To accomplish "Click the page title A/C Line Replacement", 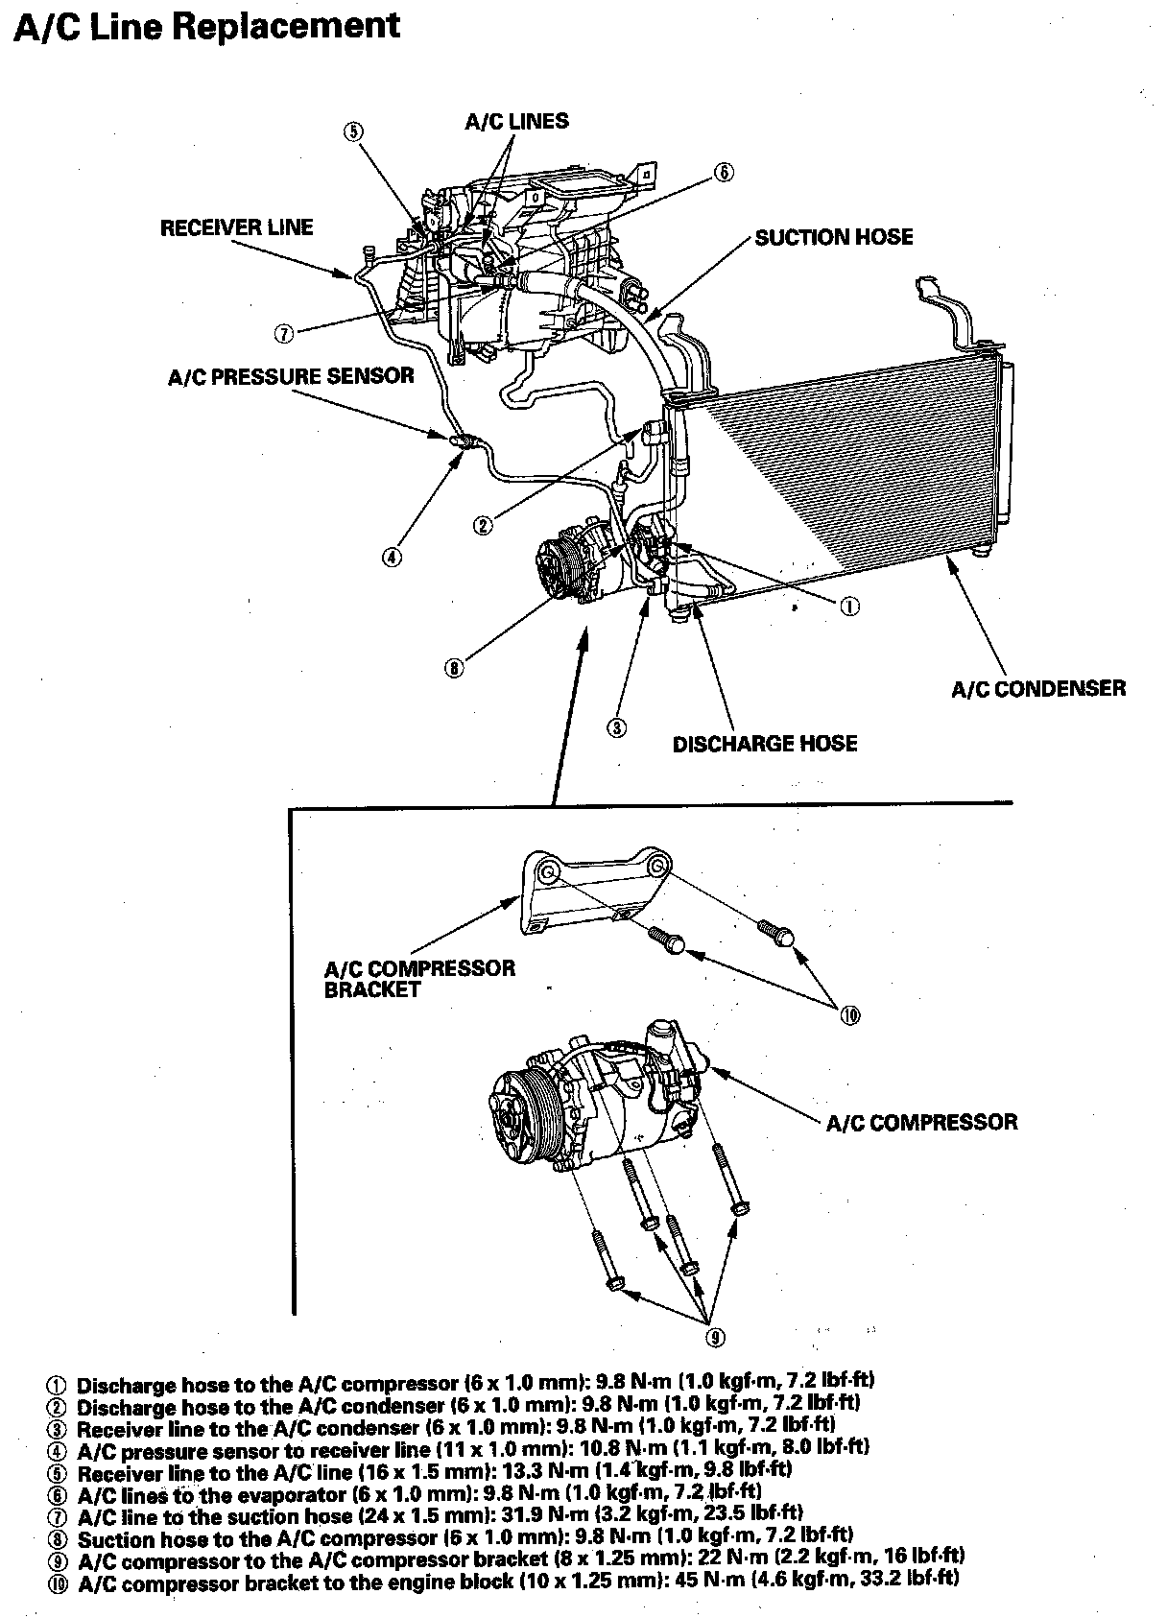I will tap(207, 28).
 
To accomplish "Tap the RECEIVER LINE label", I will tap(236, 227).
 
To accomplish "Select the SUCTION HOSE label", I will tap(834, 237).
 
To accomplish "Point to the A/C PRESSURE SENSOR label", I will tap(291, 376).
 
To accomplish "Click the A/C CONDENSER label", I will tap(1038, 688).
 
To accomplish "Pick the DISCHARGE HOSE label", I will tap(765, 744).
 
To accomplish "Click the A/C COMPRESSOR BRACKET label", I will tap(419, 979).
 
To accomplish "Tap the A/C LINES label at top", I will tap(516, 122).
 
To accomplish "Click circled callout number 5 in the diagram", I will tap(354, 131).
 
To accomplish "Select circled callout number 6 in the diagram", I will tap(724, 173).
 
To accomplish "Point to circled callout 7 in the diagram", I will tap(283, 334).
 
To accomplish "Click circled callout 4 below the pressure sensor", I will tap(392, 556).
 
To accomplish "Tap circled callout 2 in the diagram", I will tap(484, 524).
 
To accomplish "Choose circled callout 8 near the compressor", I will tap(454, 668).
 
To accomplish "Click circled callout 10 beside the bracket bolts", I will tap(849, 1014).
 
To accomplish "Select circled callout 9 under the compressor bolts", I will tap(715, 1337).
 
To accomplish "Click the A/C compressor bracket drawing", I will tap(590, 888).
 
